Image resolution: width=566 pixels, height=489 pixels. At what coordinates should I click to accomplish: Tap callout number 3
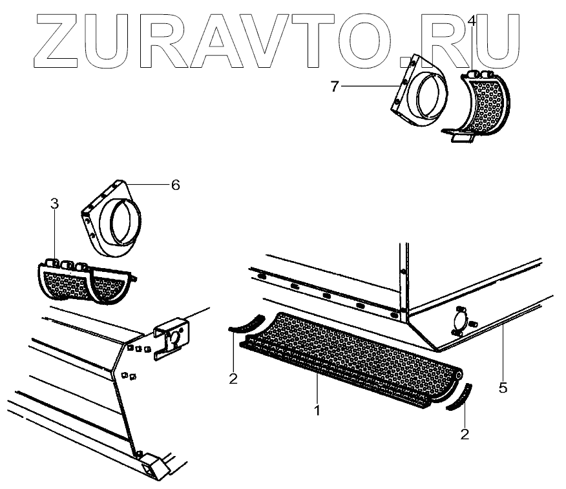54,204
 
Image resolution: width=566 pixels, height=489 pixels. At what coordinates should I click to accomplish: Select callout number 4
472,22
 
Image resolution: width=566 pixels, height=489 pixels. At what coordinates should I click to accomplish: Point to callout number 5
503,388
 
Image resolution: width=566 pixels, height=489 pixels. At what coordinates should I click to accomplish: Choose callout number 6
175,185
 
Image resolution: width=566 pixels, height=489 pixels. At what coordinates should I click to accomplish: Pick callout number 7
335,87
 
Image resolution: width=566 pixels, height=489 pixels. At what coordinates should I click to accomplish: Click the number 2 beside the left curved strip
233,378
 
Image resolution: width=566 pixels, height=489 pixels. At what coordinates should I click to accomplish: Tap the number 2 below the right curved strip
464,434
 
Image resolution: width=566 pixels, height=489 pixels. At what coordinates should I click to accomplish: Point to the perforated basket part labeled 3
84,283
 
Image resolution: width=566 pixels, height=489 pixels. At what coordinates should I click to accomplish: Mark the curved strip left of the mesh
246,323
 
